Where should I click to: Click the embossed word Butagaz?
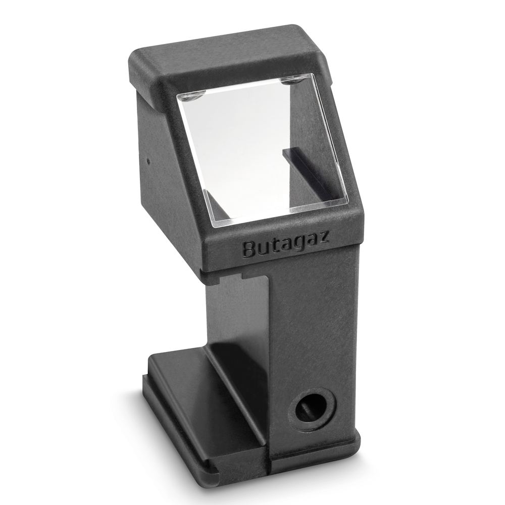(286, 244)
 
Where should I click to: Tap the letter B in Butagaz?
(249, 250)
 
